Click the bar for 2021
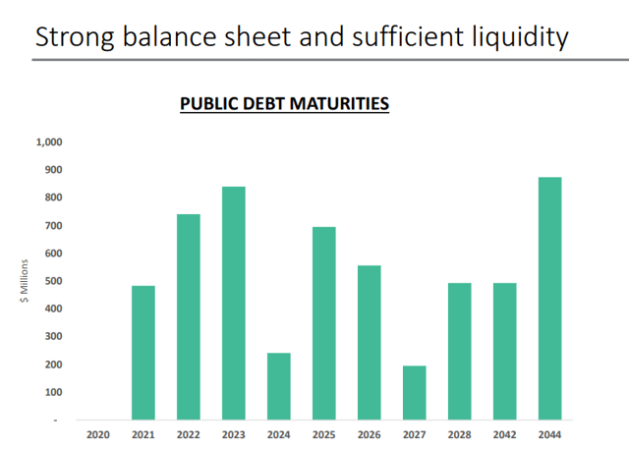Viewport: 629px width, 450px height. point(143,352)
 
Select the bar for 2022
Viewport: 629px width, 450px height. point(189,316)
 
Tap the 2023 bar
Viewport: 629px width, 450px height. point(234,303)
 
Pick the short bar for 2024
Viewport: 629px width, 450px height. point(279,386)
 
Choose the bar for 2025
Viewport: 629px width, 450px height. point(324,323)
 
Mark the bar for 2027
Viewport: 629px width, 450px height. point(415,392)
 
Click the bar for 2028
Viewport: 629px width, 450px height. point(460,351)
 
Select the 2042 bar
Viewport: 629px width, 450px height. point(505,351)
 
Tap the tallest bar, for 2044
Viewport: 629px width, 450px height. point(550,298)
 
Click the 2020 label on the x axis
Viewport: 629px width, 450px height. point(98,433)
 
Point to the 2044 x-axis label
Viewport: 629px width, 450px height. point(550,433)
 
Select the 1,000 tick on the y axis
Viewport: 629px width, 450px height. point(49,142)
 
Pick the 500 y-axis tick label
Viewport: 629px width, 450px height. point(53,281)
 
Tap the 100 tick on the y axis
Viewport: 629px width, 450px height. point(53,392)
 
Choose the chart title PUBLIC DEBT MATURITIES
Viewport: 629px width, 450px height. point(284,103)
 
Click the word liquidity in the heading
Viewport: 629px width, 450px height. point(517,37)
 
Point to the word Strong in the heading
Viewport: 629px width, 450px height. point(72,37)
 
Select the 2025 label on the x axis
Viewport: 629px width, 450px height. point(324,433)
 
